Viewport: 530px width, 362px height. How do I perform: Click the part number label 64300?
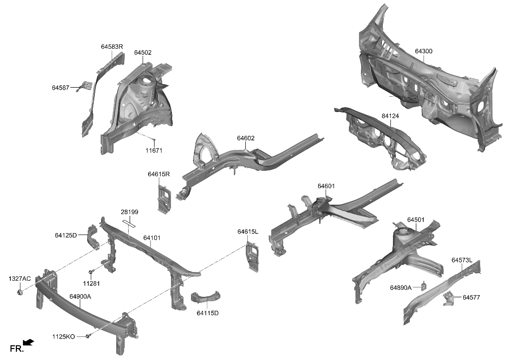[423, 51]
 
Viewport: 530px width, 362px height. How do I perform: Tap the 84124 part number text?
[390, 116]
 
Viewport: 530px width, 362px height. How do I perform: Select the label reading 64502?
[143, 53]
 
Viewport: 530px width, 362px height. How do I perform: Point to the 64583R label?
[112, 46]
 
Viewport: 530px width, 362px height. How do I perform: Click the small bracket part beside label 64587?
[86, 86]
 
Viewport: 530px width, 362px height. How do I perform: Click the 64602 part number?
[246, 138]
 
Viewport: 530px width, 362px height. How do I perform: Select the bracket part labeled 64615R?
[163, 198]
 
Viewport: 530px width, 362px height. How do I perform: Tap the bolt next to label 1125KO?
[88, 337]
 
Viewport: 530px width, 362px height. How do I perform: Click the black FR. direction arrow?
[29, 342]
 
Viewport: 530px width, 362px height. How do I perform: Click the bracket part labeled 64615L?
[252, 255]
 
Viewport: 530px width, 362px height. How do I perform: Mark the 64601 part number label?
[326, 186]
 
